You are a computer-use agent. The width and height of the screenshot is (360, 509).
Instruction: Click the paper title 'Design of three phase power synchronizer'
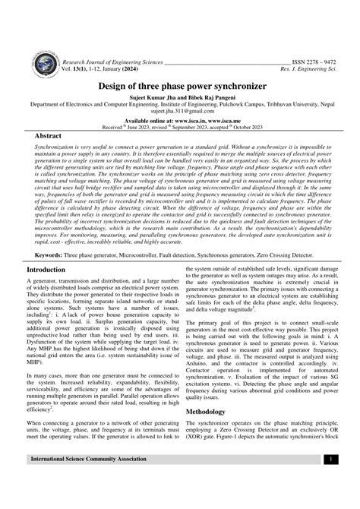pos(179,86)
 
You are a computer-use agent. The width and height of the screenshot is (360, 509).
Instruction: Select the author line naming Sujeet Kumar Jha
pos(180,99)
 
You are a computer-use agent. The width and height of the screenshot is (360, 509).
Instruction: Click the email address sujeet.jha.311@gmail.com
pos(179,112)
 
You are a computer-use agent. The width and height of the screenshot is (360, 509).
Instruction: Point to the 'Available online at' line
pos(180,120)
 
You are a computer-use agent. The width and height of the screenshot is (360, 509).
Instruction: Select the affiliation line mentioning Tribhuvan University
pos(180,106)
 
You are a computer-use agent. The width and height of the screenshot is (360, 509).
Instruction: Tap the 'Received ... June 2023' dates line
pos(180,126)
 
